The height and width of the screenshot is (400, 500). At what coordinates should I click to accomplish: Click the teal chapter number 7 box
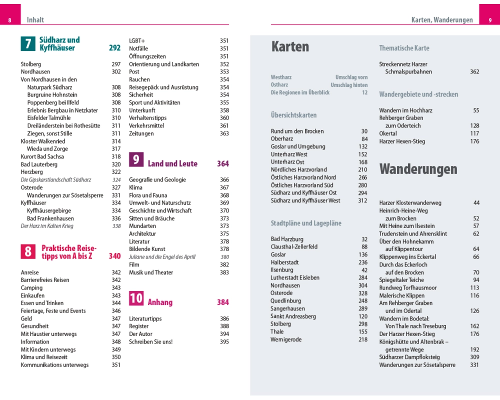point(27,44)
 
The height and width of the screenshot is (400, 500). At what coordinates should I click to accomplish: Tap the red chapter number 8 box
point(28,251)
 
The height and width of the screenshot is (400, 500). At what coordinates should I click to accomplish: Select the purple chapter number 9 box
point(136,159)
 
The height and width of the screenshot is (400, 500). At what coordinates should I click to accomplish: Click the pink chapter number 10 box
point(136,298)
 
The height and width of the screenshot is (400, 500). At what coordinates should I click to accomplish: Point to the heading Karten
point(290,47)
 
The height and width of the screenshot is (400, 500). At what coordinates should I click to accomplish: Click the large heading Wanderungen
point(418,169)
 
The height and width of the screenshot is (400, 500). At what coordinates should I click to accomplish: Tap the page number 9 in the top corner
point(490,20)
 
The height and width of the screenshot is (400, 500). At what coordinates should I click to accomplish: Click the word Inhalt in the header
point(35,20)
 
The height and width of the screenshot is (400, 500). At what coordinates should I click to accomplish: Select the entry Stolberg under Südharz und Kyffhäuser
point(31,64)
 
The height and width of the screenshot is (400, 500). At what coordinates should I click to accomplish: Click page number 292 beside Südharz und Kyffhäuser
point(114,48)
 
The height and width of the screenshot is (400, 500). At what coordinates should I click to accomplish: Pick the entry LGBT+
point(137,41)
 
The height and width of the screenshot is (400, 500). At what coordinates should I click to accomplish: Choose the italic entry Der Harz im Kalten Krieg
point(47,226)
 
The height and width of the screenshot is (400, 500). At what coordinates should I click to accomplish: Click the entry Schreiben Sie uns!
point(151,341)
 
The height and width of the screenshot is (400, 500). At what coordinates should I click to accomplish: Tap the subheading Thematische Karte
point(404,48)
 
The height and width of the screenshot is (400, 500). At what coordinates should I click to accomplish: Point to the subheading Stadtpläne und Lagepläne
point(306,223)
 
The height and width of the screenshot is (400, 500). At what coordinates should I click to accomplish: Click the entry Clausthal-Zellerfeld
point(294,246)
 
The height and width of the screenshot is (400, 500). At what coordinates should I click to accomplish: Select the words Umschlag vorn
point(351,77)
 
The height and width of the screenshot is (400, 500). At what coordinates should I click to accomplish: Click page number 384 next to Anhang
point(223,302)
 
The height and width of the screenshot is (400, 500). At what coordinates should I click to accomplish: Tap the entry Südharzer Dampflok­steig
point(409,357)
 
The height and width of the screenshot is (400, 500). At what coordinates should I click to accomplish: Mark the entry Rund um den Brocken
point(297,131)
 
